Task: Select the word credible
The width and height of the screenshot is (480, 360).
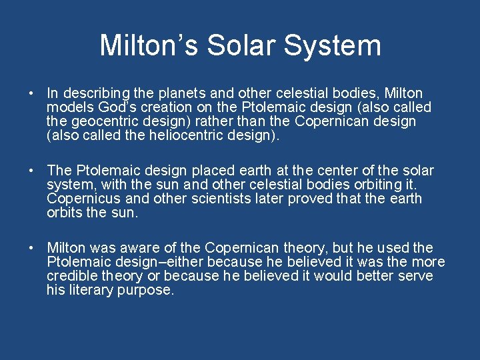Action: pos(69,276)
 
